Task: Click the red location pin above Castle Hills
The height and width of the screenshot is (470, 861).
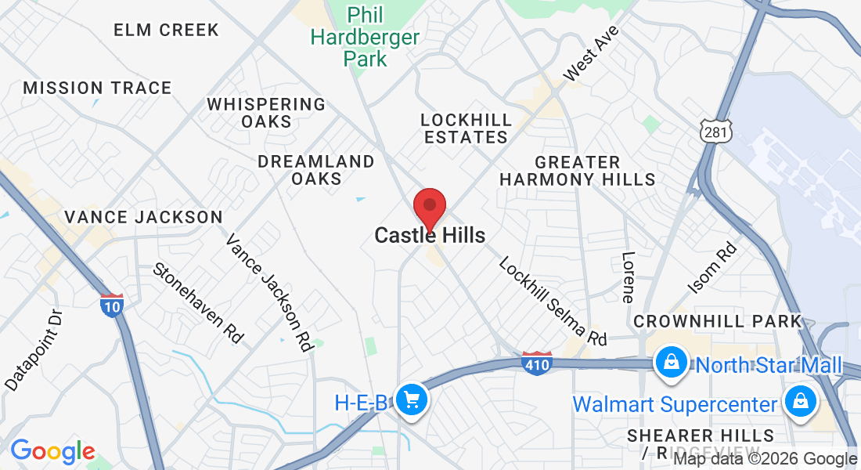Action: pos(429,208)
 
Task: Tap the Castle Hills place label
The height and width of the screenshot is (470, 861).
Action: pos(430,235)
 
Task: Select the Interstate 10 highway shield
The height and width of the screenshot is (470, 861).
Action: pos(111,305)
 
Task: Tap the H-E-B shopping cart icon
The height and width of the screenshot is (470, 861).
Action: pos(411,402)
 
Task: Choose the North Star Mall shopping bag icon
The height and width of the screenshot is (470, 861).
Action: pos(672,363)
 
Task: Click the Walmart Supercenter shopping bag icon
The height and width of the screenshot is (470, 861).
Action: pos(800,403)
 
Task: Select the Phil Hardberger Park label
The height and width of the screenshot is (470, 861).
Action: pos(365,36)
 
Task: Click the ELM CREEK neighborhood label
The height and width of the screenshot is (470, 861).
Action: pos(166,30)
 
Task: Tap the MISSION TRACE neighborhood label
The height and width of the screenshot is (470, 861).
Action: pos(97,88)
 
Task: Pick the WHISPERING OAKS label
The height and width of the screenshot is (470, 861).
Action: pos(266,113)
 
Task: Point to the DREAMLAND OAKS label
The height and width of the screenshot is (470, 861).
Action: pos(316,170)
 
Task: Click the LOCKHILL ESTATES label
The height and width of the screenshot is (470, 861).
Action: pos(467,128)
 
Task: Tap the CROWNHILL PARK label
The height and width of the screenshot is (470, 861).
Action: pos(718,321)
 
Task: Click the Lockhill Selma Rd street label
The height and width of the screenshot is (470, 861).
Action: pos(553,301)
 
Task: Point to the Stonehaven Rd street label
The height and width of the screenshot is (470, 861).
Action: pos(199,302)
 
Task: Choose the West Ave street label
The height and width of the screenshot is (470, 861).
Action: pos(591,52)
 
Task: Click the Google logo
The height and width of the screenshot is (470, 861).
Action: pos(52,451)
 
